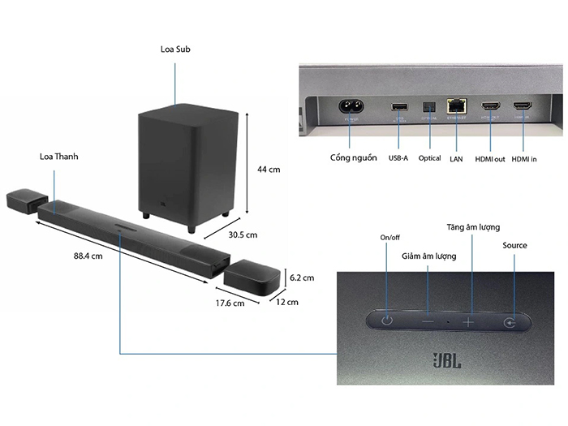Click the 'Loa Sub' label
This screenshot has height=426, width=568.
coord(175,49)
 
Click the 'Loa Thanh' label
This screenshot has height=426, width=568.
coord(58,155)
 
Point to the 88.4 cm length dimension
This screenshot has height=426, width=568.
coord(87,256)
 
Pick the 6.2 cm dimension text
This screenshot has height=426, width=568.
coord(302,278)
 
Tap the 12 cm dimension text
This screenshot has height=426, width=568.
coord(286,302)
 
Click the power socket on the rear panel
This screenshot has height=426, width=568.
coord(353,107)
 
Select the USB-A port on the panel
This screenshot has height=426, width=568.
coord(398,107)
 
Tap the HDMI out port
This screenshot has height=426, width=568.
coord(491,107)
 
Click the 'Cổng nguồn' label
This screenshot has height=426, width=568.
coord(353,157)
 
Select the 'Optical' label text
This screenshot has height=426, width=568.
coord(429,158)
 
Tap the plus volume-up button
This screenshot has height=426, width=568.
coord(468,321)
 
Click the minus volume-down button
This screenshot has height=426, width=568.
coord(428,321)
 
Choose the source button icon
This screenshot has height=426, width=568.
coord(509,322)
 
